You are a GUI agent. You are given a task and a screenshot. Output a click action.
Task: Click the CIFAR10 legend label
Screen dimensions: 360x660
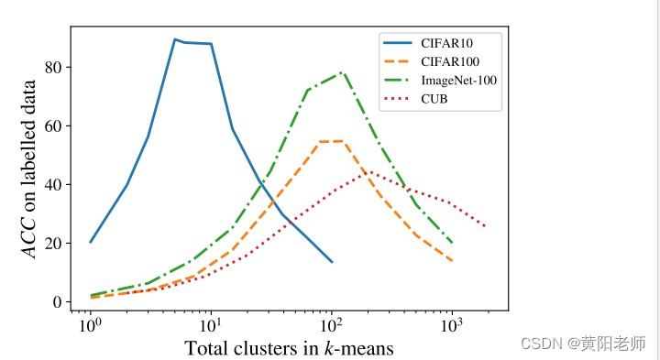tap(449, 41)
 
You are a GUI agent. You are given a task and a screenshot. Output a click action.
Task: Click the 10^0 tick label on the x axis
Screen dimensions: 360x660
tap(90, 324)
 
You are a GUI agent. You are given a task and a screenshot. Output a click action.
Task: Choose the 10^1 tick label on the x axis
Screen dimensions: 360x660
tap(211, 324)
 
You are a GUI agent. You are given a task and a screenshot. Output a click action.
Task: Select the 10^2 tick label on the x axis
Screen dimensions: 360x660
tap(331, 324)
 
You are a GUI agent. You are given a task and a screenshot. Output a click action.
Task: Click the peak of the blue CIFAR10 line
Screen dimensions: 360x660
tap(175, 39)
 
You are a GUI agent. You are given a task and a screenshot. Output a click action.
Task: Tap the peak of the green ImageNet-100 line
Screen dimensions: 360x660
tap(341, 72)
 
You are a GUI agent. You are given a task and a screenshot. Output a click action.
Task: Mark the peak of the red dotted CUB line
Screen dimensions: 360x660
tap(368, 171)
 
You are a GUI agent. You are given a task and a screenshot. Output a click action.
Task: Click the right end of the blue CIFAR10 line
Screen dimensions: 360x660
tap(332, 262)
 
